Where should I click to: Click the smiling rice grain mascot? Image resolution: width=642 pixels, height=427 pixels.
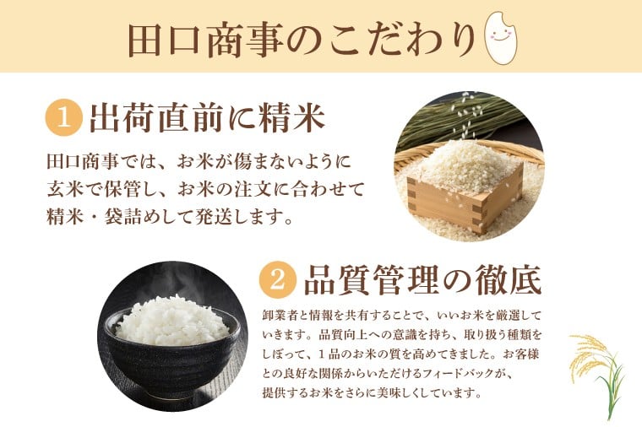click(500, 37)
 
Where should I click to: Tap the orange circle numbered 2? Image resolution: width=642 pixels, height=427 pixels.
click(278, 280)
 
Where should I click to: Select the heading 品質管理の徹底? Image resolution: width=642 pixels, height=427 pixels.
click(423, 280)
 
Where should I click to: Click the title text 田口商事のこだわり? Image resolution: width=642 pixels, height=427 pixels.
click(302, 40)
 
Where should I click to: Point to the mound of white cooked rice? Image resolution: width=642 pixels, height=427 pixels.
click(172, 321)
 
